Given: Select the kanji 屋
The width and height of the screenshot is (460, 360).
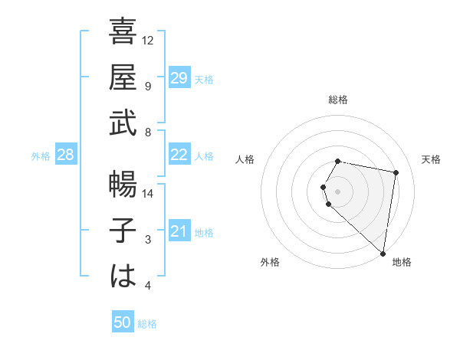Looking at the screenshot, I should (123, 78).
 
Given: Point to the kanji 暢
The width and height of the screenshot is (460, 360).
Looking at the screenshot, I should (123, 185).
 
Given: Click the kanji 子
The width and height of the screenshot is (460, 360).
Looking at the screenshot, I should (123, 231).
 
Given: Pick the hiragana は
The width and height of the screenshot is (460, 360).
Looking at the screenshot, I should (123, 277).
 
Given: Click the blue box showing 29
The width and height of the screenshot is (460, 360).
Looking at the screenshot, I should (179, 78).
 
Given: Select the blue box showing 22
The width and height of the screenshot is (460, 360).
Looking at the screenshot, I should (179, 155).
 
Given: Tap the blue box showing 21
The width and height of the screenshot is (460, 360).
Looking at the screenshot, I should (179, 232).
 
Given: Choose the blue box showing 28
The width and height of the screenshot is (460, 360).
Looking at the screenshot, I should (66, 155).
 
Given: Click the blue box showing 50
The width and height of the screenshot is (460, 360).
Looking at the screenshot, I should (123, 323).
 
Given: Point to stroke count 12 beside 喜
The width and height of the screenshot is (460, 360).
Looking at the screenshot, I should (149, 40).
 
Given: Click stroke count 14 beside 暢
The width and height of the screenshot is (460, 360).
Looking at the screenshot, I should (149, 193).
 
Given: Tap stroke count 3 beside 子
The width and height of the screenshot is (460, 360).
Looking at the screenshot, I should (149, 240).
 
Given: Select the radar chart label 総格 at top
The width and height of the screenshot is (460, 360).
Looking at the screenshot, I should (338, 100).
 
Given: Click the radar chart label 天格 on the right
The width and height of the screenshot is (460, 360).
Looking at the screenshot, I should (432, 159).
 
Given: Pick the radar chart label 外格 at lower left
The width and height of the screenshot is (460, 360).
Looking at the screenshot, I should (270, 262).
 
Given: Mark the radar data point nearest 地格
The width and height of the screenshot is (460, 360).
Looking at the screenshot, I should (383, 253).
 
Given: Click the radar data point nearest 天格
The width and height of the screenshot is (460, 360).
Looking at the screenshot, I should (396, 172).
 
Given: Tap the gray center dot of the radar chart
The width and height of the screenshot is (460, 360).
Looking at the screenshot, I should (338, 191).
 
